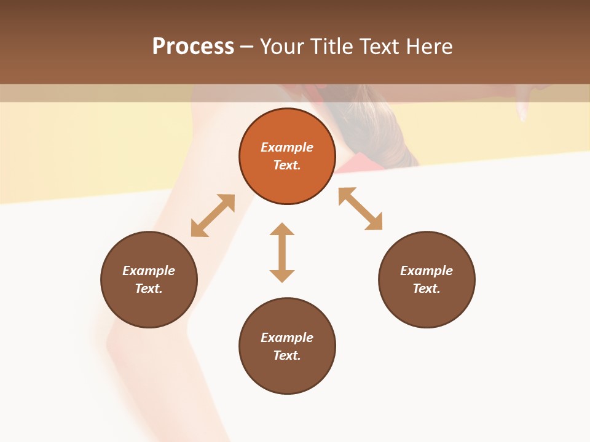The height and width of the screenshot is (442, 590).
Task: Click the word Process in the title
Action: click(x=193, y=47)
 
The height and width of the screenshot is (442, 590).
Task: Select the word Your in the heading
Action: click(x=283, y=47)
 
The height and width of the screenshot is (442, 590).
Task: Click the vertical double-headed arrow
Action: click(x=282, y=252)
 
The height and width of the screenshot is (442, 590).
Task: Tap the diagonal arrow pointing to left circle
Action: click(x=213, y=215)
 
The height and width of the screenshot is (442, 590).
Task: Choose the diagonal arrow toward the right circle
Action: click(x=360, y=209)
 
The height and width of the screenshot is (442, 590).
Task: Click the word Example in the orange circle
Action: click(x=287, y=147)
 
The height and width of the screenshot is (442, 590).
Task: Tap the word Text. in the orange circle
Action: click(x=287, y=165)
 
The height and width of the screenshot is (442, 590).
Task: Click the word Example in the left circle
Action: click(x=149, y=271)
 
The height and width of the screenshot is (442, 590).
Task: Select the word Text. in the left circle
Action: click(x=149, y=289)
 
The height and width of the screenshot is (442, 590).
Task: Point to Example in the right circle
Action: click(x=427, y=271)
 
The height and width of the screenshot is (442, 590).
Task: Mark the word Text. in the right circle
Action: click(x=427, y=289)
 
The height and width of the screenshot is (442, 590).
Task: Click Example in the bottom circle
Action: click(x=287, y=338)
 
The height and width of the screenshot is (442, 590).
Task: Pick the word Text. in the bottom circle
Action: click(x=287, y=355)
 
